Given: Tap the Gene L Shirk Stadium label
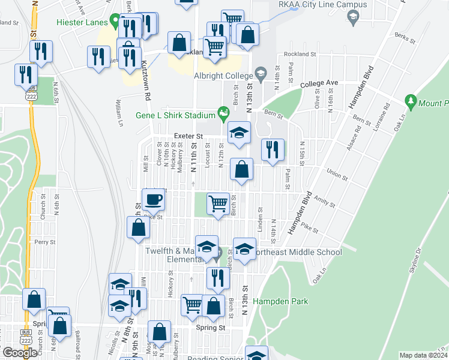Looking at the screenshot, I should click(x=175, y=115).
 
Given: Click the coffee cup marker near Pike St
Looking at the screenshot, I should click(x=153, y=199).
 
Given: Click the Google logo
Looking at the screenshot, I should click(x=20, y=353).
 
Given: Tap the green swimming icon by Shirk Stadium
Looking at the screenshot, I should click(x=224, y=112).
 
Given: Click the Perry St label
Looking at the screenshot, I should click(x=45, y=242).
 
